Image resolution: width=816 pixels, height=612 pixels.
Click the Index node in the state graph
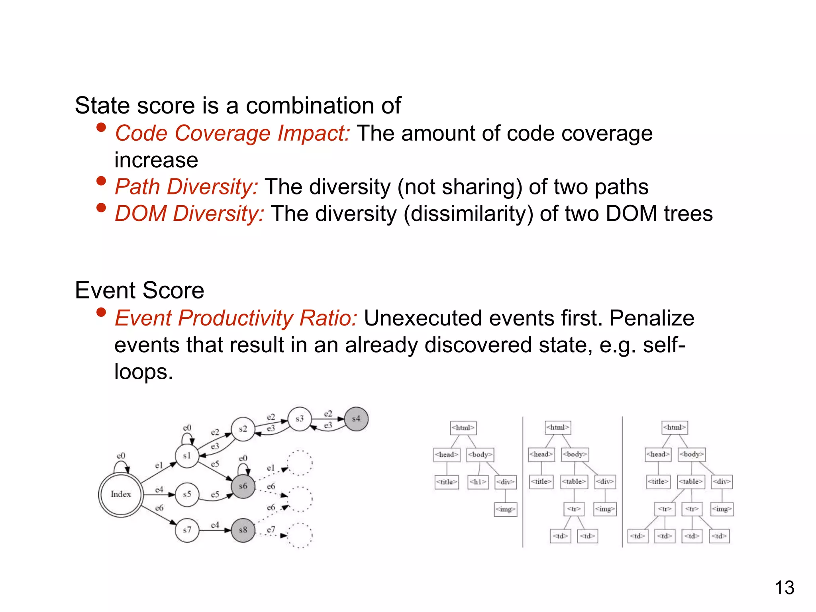click(120, 494)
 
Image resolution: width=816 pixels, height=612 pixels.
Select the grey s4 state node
click(356, 419)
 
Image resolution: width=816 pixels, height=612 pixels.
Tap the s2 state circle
click(243, 429)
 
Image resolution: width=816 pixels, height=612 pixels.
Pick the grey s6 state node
click(243, 486)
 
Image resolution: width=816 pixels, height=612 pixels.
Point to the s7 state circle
click(187, 530)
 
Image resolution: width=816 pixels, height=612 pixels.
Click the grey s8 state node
click(243, 530)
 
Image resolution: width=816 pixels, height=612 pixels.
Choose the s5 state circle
click(187, 494)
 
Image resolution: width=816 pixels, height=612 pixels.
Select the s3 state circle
click(299, 419)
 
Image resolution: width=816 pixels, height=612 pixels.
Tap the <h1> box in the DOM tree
click(478, 482)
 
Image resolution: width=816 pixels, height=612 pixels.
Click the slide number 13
click(784, 588)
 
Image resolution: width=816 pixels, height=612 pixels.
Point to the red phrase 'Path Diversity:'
click(186, 186)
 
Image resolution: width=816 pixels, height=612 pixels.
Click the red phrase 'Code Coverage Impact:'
click(232, 133)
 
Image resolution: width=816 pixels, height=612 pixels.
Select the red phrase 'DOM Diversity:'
click(189, 214)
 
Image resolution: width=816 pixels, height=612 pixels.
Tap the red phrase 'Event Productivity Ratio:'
click(236, 318)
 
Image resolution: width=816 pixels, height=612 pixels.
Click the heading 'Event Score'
click(139, 290)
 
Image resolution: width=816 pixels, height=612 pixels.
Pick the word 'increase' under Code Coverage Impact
click(156, 160)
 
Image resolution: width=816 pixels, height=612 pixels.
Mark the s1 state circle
click(187, 456)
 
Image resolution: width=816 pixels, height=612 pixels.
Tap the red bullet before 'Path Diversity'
click(101, 181)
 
